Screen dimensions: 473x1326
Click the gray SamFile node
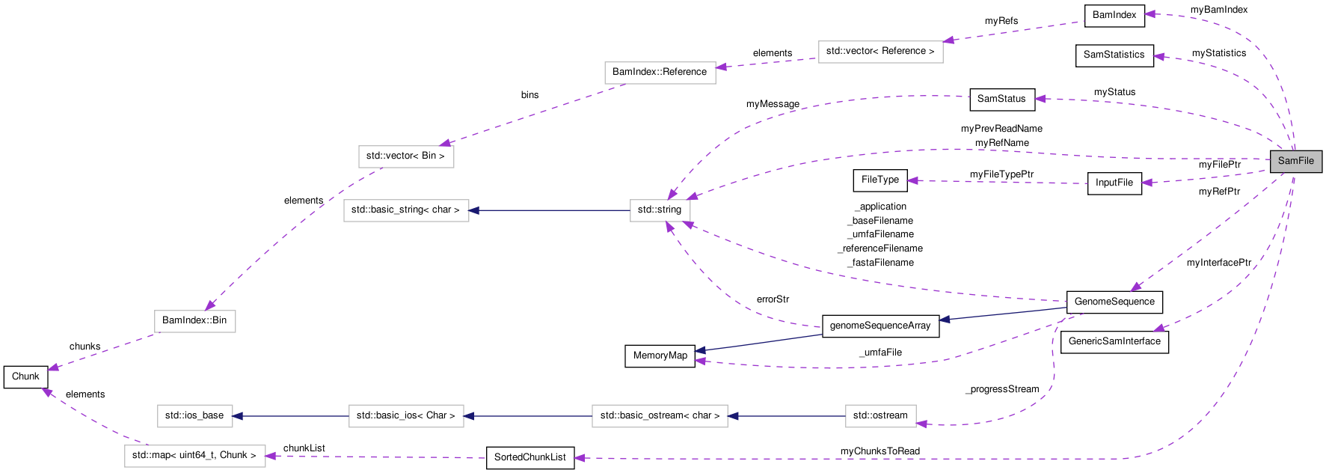(x=1295, y=161)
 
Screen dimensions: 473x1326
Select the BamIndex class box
(x=1114, y=15)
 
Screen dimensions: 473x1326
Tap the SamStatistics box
(x=1114, y=55)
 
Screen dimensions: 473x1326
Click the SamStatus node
(x=1001, y=99)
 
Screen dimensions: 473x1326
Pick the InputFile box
(x=1114, y=183)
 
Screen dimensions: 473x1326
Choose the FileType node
(x=880, y=180)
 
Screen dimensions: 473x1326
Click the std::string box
(x=659, y=210)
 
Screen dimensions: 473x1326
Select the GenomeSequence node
(x=1114, y=302)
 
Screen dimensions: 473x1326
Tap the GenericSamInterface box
(x=1114, y=341)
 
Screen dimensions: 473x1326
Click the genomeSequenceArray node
(x=880, y=326)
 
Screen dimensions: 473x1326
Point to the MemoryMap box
(x=660, y=355)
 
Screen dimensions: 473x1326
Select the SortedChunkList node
(x=530, y=457)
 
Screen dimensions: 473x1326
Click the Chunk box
(x=25, y=376)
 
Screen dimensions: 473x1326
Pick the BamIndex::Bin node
(x=194, y=320)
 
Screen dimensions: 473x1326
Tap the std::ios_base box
(x=194, y=415)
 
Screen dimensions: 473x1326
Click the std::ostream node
(x=880, y=415)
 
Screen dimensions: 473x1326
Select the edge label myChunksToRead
(x=880, y=451)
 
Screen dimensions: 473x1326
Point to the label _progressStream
(x=1002, y=389)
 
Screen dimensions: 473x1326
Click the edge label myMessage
(x=773, y=104)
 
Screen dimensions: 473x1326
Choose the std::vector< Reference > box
(x=880, y=51)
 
